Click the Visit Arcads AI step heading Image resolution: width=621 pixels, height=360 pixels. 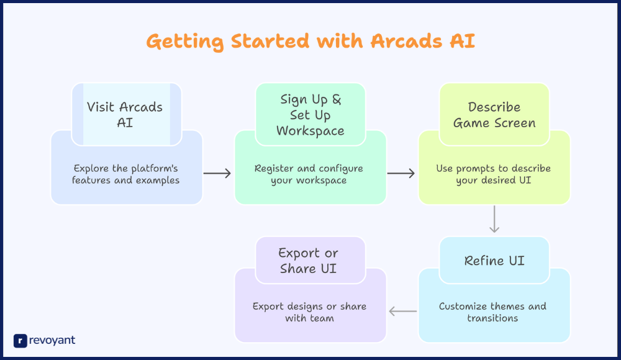(125, 115)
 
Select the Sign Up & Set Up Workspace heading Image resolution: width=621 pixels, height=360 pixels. (310, 115)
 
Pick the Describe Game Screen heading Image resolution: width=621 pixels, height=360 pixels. (494, 115)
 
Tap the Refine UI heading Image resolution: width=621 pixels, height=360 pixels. (494, 261)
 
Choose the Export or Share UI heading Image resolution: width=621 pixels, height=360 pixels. (309, 261)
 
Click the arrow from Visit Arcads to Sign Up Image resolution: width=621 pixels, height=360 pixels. (217, 174)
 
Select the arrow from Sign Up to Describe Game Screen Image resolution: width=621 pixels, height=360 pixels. (401, 174)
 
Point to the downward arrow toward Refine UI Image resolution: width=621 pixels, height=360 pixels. (494, 220)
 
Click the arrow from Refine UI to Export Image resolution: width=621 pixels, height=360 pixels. (402, 312)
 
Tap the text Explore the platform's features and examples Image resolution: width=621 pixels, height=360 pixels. (125, 174)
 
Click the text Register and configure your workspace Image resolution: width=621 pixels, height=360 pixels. (309, 174)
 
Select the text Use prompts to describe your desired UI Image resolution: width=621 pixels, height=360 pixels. (493, 174)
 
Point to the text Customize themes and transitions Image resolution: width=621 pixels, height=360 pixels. (492, 312)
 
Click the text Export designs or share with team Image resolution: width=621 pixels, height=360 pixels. (309, 312)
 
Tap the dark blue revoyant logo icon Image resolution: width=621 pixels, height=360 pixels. (20, 340)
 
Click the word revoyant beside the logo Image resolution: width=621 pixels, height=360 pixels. (52, 340)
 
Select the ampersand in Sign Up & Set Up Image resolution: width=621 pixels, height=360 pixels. (336, 100)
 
